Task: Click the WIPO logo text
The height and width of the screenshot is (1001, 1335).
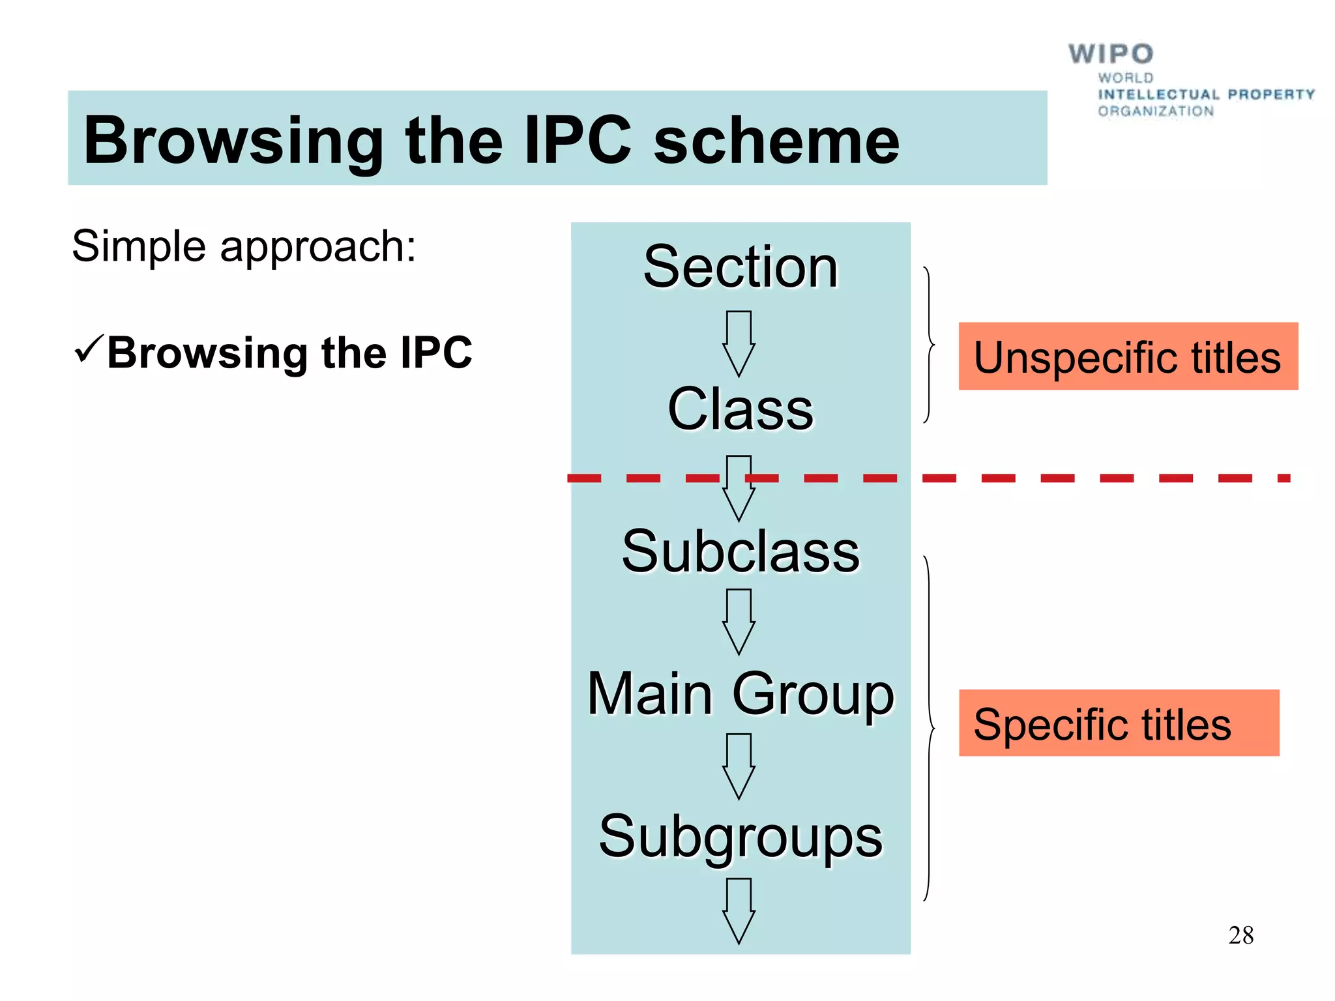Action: pos(1110,54)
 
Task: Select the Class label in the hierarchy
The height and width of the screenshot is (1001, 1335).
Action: pos(741,409)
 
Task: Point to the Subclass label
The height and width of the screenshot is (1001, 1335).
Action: pos(741,551)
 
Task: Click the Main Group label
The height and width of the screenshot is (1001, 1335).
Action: pos(741,694)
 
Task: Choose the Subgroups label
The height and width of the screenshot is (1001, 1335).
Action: pos(741,837)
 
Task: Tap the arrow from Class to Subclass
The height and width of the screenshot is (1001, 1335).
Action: pos(739,487)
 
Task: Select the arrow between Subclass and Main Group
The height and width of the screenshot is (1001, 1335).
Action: pos(739,621)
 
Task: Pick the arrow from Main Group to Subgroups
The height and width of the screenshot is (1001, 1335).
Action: pos(739,766)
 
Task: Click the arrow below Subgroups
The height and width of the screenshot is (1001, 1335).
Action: pos(739,910)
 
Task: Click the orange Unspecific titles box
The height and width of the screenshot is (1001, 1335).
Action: pos(1128,356)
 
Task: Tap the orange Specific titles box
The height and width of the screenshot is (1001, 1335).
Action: pos(1119,723)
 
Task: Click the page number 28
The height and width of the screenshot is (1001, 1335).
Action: pos(1240,935)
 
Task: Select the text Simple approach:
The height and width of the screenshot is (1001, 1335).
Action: pos(244,246)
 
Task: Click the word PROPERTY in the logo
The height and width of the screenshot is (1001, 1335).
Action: pos(1270,94)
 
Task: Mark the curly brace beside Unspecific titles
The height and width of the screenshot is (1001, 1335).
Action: pos(928,344)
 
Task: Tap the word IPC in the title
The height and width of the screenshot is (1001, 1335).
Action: pos(578,141)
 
